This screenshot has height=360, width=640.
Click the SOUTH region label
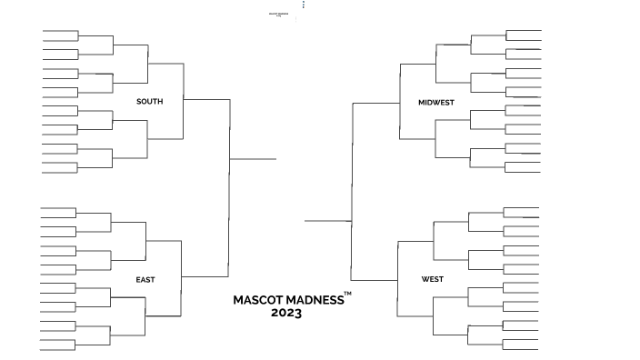pos(149,101)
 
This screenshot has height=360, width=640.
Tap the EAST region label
pos(145,279)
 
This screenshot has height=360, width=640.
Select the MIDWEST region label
pos(436,102)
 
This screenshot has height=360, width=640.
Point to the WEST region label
pos(433,279)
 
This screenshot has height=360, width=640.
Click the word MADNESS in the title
pos(315,299)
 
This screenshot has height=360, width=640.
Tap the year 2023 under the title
pos(285,313)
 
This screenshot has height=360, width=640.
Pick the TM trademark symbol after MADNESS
pos(347,293)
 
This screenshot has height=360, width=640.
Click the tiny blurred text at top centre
pos(278,15)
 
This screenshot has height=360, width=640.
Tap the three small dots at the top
pos(304,5)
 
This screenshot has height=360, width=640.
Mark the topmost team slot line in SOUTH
pos(60,31)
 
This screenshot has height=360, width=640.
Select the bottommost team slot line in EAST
pos(58,349)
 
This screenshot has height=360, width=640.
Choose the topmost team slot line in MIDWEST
pos(523,30)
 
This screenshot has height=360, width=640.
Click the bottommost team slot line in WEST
pos(521,349)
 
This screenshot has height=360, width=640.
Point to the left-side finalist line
pos(253,159)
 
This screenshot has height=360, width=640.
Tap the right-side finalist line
pos(327,220)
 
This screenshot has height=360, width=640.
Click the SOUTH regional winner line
pos(206,99)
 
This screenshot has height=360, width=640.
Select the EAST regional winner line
pos(205,276)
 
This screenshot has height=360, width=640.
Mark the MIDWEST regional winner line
pos(375,103)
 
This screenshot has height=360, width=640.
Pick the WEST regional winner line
pos(374,279)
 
